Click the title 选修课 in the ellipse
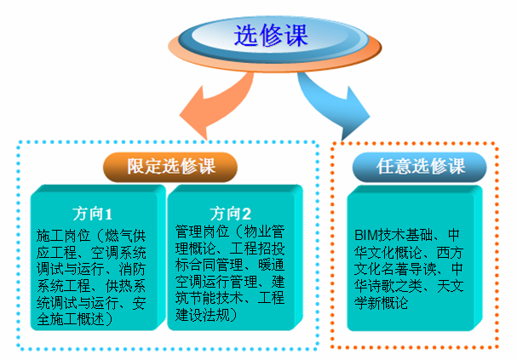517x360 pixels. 271,35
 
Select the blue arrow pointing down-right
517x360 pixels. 333,106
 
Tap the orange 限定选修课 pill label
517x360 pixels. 170,167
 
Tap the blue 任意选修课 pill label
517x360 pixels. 419,167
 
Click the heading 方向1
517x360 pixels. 93,214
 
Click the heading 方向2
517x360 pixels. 230,214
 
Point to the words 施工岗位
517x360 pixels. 63,236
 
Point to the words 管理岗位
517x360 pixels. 202,231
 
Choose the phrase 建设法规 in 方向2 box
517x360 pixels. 203,315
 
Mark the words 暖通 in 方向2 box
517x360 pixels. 271,265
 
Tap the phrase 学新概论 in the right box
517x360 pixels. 382,302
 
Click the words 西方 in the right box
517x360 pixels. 450,252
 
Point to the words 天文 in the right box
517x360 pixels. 450,286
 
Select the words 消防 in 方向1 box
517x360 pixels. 132,269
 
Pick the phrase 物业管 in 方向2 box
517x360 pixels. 264,231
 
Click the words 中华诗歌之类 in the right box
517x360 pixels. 409,277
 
